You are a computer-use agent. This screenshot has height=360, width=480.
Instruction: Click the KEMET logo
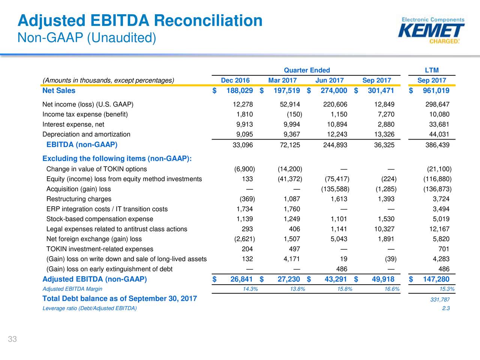coord(431,30)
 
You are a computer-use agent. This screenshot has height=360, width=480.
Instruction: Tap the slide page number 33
coord(12,339)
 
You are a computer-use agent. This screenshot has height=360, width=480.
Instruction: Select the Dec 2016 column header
coord(235,80)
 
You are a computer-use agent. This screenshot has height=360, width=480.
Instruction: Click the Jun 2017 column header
coord(330,80)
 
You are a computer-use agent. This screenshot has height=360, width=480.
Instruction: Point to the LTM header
coord(432,70)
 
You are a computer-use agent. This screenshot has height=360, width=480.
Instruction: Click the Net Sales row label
coord(59,90)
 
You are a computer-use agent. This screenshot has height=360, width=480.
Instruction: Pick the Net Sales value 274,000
coord(334,90)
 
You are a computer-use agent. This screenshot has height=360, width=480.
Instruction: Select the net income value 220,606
coord(335,104)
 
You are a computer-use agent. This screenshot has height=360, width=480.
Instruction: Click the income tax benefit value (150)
coord(294,114)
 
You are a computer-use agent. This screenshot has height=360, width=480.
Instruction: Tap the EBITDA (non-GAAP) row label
coord(82,144)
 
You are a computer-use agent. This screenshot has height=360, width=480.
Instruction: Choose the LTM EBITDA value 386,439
coord(437,145)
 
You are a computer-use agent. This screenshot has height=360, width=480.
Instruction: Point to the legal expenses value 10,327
coord(384,229)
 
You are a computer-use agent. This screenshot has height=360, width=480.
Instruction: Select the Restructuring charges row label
coord(79,199)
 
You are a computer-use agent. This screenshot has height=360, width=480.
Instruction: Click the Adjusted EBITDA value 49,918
coord(383,279)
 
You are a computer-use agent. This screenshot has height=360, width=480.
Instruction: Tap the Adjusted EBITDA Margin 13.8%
coord(297,289)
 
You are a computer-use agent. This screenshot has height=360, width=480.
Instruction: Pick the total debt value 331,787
coord(440,300)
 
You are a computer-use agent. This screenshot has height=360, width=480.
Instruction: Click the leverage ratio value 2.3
coord(446,308)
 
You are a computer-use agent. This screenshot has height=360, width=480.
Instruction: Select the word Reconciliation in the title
coord(208,21)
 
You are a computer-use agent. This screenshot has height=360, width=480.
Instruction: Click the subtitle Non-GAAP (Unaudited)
coord(87,37)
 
